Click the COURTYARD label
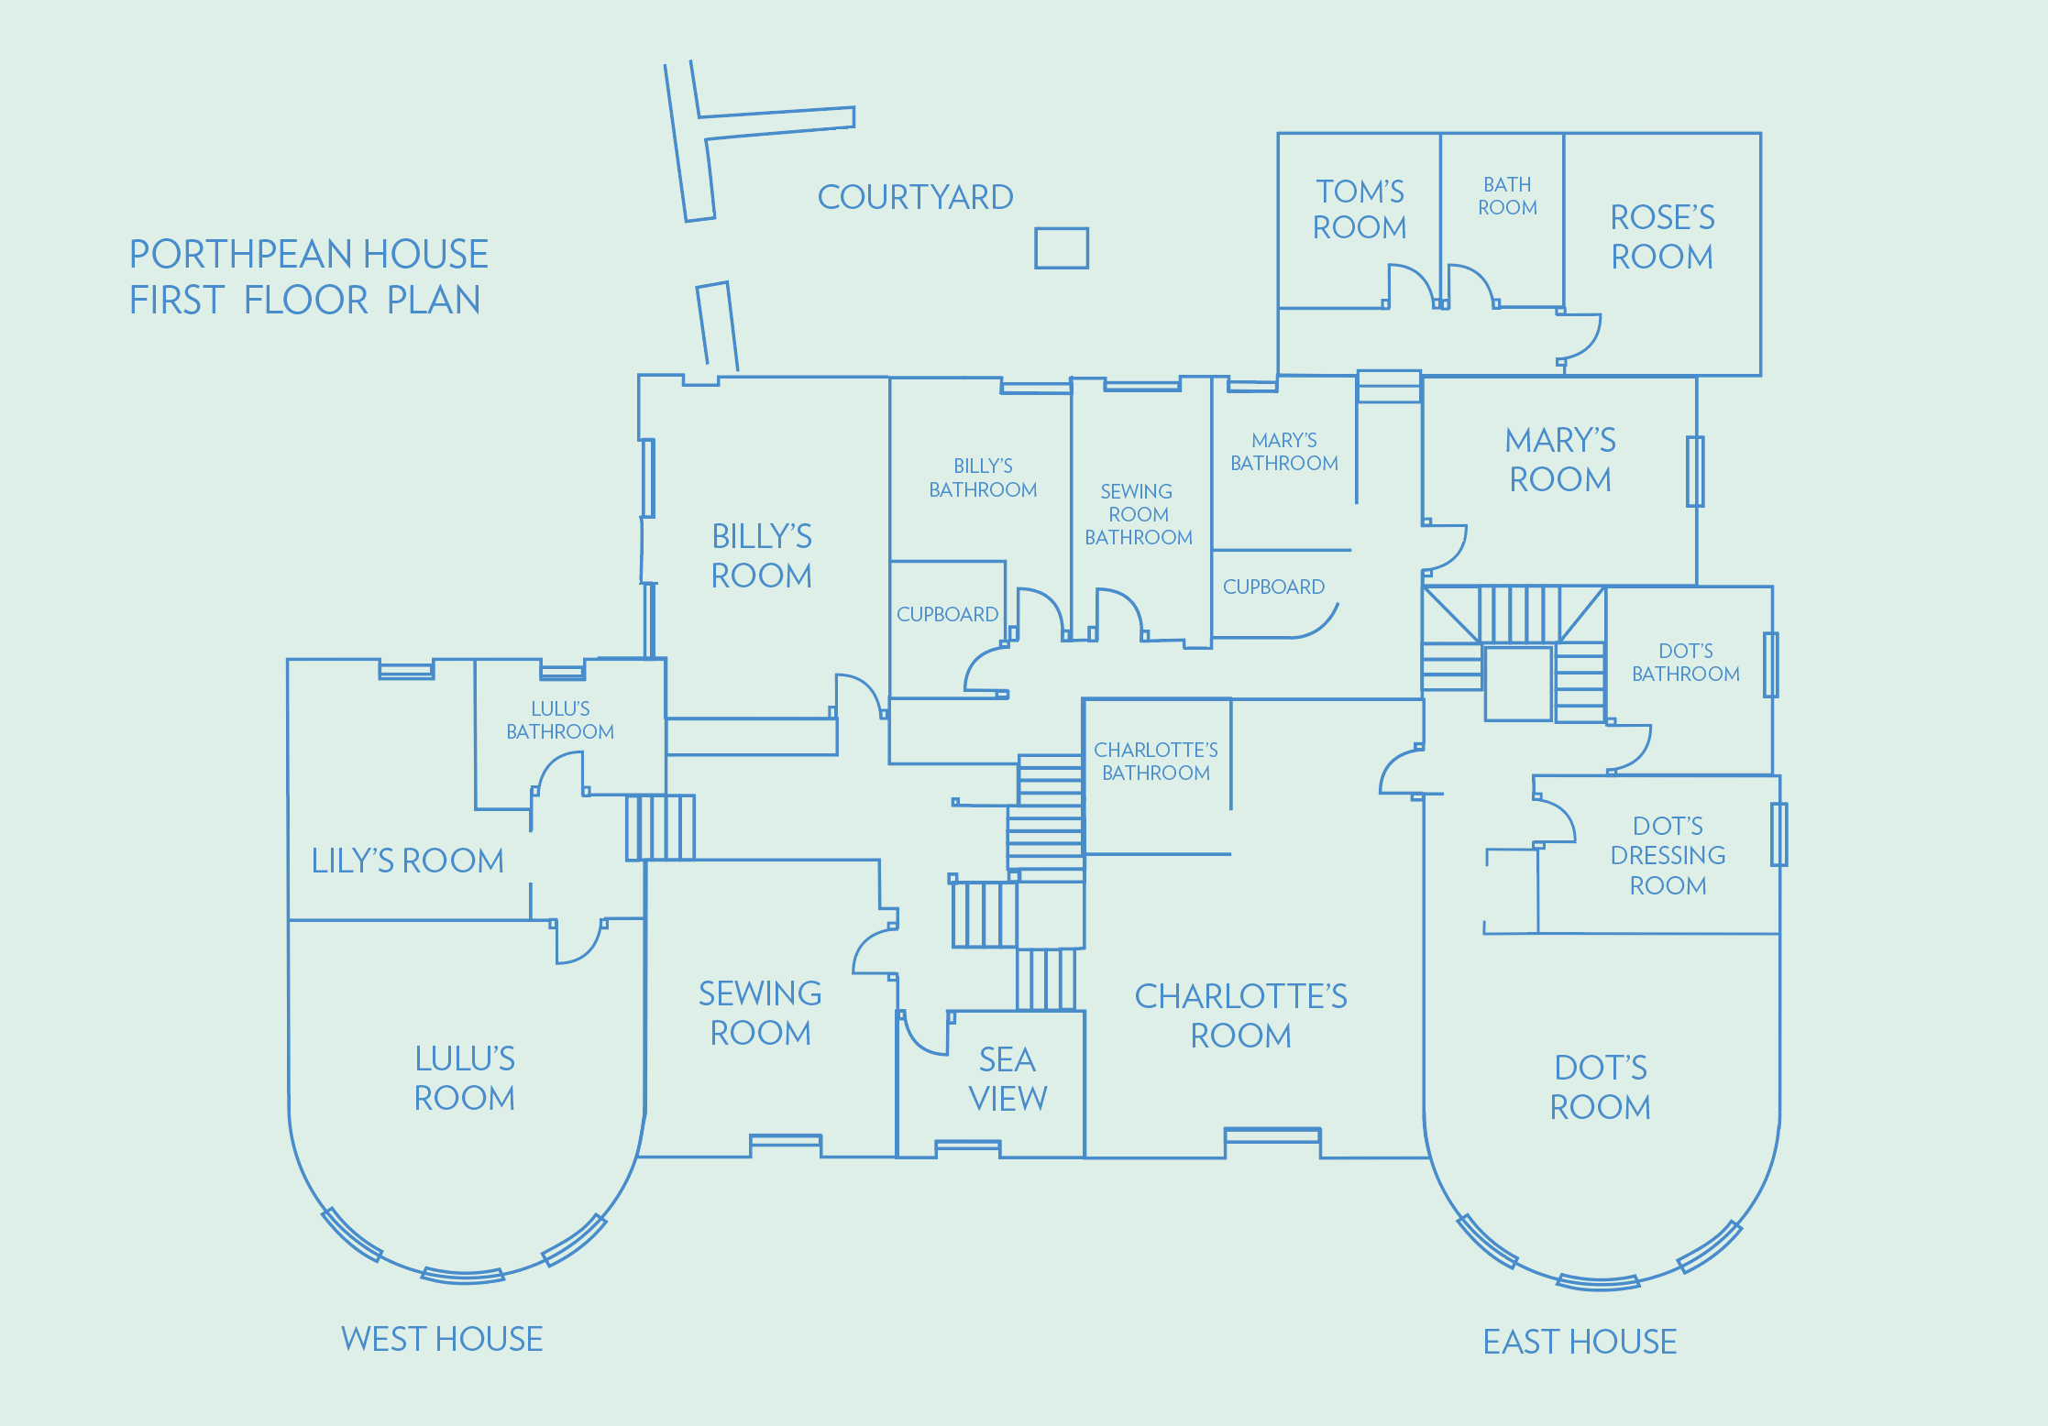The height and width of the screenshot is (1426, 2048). pyautogui.click(x=915, y=197)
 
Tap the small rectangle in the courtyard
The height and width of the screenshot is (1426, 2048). pyautogui.click(x=1062, y=248)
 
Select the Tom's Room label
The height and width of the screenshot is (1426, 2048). pyautogui.click(x=1360, y=209)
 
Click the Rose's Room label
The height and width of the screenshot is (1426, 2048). pyautogui.click(x=1662, y=236)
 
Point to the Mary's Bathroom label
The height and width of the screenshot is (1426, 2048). pyautogui.click(x=1283, y=452)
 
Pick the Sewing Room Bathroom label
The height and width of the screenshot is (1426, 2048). pyautogui.click(x=1139, y=514)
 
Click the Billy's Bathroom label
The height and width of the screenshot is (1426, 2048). pyautogui.click(x=983, y=477)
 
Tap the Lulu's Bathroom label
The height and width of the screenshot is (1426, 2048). pyautogui.click(x=560, y=720)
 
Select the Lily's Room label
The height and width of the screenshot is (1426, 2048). pyautogui.click(x=408, y=861)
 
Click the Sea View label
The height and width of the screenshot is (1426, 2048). pyautogui.click(x=1007, y=1079)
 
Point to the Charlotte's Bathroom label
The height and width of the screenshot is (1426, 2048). pyautogui.click(x=1156, y=762)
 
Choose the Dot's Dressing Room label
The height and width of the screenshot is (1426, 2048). pyautogui.click(x=1668, y=856)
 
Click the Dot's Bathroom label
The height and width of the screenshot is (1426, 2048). pyautogui.click(x=1685, y=663)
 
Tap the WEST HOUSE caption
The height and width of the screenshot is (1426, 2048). pyautogui.click(x=442, y=1339)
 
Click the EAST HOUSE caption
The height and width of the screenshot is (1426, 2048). pyautogui.click(x=1580, y=1342)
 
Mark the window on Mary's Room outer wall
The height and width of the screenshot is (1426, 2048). pyautogui.click(x=1695, y=472)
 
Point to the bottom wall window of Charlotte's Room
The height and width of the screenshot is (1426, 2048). pyautogui.click(x=1272, y=1136)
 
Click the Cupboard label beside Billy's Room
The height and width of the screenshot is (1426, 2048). pyautogui.click(x=947, y=614)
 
